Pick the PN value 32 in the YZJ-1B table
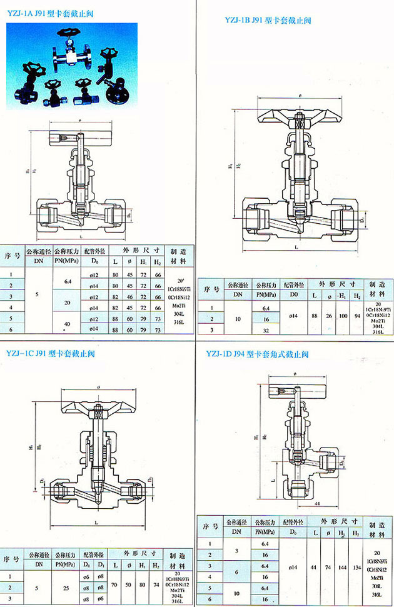coord(265,329)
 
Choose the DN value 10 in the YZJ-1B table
coord(238,319)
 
